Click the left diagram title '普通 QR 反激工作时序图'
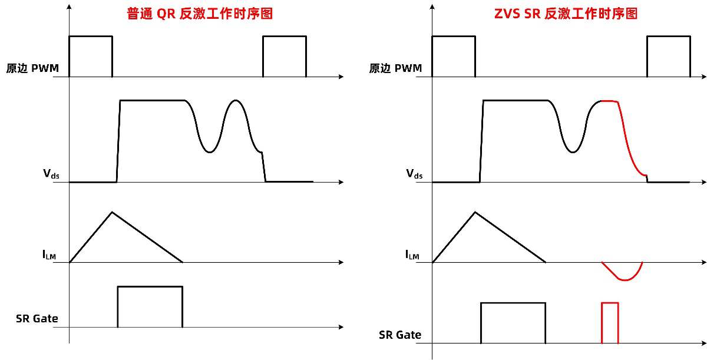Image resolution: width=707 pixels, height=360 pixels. tap(200, 14)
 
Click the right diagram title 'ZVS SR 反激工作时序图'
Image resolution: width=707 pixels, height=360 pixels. tap(566, 14)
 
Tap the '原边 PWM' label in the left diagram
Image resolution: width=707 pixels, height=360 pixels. tap(32, 68)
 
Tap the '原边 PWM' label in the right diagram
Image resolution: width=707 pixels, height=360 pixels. tap(395, 68)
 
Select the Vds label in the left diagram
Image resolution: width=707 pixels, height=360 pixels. tap(51, 174)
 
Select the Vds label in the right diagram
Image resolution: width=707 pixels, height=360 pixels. tap(414, 174)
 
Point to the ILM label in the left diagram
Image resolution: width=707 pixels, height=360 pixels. tap(49, 255)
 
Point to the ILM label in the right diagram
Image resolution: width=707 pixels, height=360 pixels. tap(412, 255)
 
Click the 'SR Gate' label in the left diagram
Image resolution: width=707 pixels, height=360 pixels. tap(37, 319)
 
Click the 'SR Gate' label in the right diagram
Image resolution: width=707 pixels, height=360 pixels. tap(400, 335)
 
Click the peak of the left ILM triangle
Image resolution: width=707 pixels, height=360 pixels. tap(112, 212)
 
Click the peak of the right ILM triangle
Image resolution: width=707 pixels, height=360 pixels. tap(475, 212)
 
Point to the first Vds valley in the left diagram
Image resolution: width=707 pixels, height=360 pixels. tap(210, 152)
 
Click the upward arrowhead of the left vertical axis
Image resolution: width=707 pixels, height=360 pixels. tap(69, 6)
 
